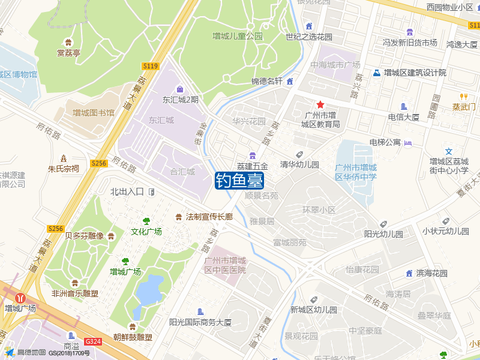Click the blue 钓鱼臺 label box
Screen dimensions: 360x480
coord(239,180)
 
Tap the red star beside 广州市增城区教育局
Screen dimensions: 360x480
coord(320,104)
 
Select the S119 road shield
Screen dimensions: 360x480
coord(151,66)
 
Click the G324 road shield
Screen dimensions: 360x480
coord(93,341)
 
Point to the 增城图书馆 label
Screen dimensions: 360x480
coord(94,112)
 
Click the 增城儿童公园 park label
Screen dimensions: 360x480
coord(238,36)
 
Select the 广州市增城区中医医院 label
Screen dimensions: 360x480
coord(225,265)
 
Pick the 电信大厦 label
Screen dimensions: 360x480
coord(403,117)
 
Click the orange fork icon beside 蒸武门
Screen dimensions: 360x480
coord(463,96)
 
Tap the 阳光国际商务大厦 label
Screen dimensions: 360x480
coord(200,322)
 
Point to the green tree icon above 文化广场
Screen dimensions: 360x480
coord(146,221)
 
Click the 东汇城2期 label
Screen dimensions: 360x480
coord(180,100)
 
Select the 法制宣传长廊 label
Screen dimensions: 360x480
coord(209,217)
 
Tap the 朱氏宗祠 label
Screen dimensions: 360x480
coord(64,169)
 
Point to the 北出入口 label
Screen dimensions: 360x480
coord(127,191)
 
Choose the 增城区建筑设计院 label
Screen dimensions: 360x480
coord(415,73)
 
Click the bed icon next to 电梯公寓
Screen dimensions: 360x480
coord(409,143)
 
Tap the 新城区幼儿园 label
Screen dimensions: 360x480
coord(313,310)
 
